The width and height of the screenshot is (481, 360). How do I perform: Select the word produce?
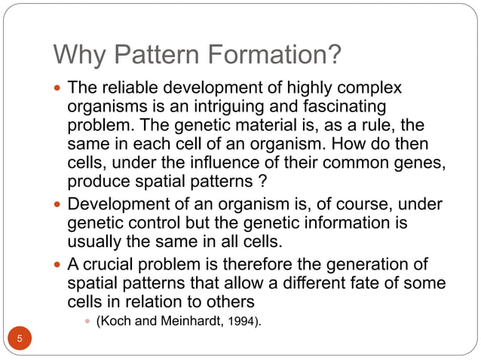(97, 182)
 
